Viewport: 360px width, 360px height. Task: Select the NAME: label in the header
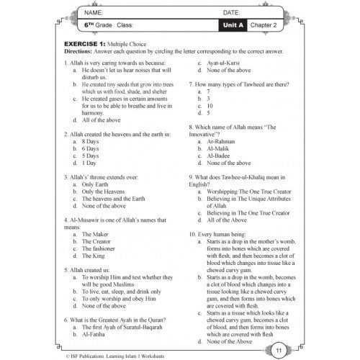(x=75, y=13)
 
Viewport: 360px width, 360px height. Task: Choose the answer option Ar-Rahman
(x=220, y=142)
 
